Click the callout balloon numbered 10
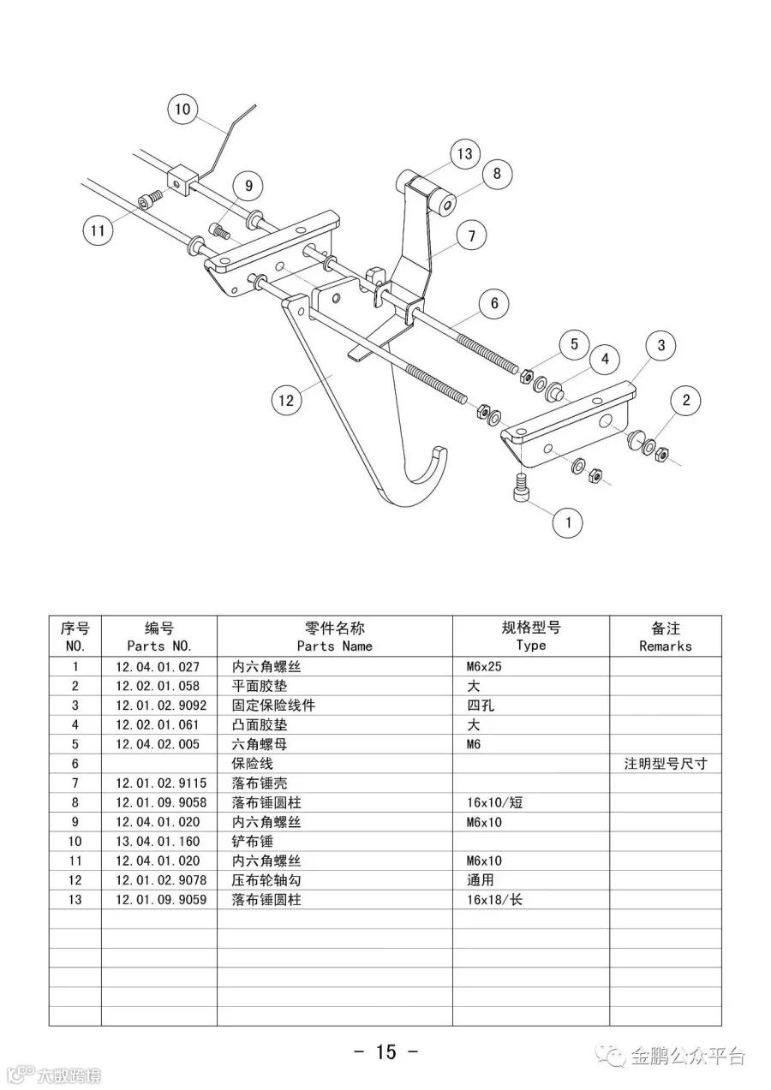[182, 110]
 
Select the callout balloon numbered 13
[464, 154]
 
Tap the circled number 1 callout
[567, 521]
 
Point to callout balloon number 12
[287, 399]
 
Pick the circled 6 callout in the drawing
[494, 303]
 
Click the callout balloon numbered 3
[660, 346]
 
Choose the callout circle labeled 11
[99, 230]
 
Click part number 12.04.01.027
[158, 667]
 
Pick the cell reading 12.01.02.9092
[161, 706]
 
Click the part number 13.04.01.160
[158, 842]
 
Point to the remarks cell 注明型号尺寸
[665, 764]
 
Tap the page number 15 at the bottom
[385, 1051]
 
